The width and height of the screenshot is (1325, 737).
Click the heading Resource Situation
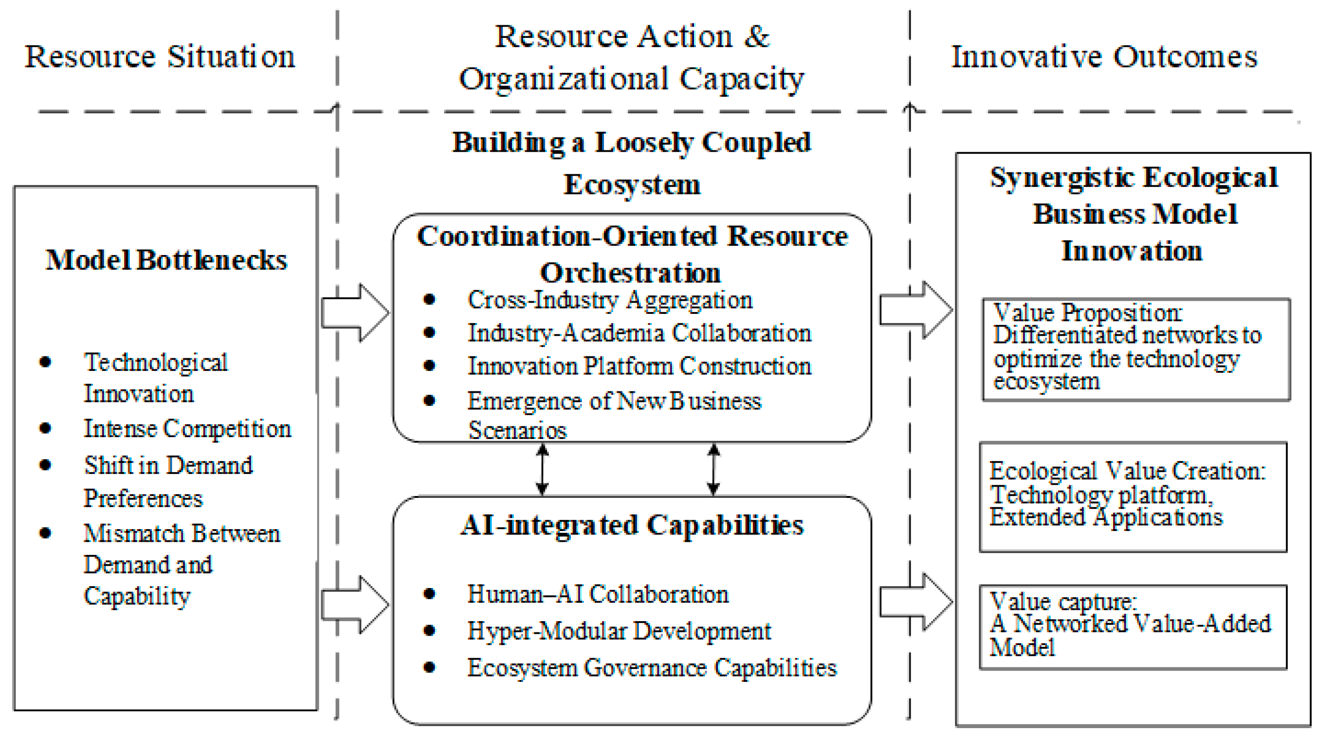160,56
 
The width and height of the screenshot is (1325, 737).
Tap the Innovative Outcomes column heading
1104,56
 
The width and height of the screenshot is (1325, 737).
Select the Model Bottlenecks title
166,260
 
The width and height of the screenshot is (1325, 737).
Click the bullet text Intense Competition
187,428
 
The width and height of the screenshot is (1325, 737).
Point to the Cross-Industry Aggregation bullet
610,299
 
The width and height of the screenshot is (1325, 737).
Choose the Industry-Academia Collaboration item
639,333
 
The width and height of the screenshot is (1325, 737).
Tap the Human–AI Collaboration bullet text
598,595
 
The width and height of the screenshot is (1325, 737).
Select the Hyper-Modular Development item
619,631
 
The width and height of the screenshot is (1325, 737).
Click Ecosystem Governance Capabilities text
652,668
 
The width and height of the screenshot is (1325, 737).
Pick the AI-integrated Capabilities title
631,525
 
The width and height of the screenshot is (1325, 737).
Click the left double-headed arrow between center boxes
542,469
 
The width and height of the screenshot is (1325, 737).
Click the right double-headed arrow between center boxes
713,469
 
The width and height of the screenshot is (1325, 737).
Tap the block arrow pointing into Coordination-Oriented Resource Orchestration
355,312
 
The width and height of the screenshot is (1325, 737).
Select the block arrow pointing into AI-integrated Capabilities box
355,604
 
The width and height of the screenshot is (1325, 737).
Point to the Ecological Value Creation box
1133,496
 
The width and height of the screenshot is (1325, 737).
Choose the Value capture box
1133,627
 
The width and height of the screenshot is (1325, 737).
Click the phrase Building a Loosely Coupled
631,142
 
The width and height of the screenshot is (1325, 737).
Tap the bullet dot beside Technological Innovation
45,362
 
